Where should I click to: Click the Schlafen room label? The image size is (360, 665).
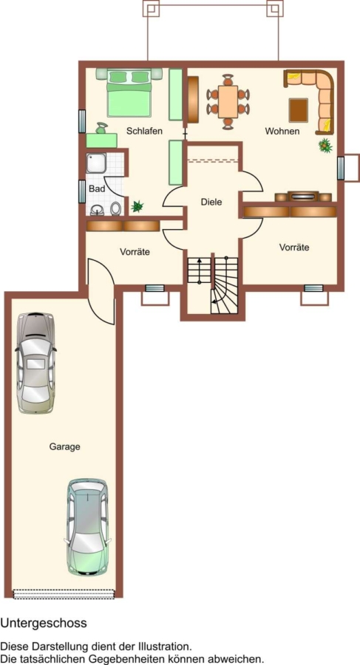[x=144, y=131]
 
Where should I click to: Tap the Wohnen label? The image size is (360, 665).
[x=282, y=131]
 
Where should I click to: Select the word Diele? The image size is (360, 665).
[x=211, y=202]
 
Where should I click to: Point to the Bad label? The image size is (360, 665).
[x=97, y=188]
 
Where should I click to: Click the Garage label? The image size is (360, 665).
[x=65, y=446]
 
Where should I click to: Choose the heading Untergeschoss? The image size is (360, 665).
[x=44, y=623]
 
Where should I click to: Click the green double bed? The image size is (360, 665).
[x=129, y=93]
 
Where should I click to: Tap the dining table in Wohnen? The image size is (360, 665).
[x=228, y=102]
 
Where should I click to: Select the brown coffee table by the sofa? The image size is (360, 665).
[x=299, y=110]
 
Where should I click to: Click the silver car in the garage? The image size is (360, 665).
[x=35, y=363]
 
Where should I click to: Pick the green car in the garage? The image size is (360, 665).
[x=87, y=527]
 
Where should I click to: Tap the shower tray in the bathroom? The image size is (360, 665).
[x=96, y=163]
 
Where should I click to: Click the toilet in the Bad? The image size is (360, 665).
[x=115, y=208]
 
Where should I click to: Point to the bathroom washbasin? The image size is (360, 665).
[x=98, y=210]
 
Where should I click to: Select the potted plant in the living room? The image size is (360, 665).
[x=325, y=146]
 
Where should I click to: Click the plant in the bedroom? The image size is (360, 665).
[x=137, y=207]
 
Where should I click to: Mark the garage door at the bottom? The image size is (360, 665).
[x=64, y=594]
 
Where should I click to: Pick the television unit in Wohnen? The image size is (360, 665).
[x=302, y=197]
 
